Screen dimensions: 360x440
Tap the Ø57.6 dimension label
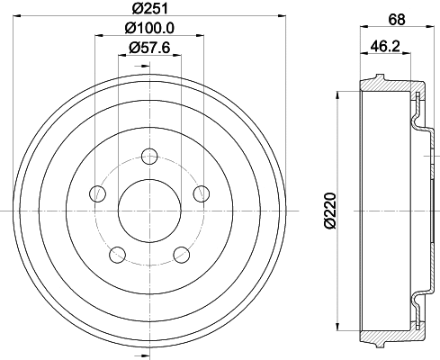(148, 49)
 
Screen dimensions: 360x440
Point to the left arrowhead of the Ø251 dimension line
(22, 18)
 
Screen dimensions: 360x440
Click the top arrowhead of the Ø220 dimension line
(337, 96)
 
